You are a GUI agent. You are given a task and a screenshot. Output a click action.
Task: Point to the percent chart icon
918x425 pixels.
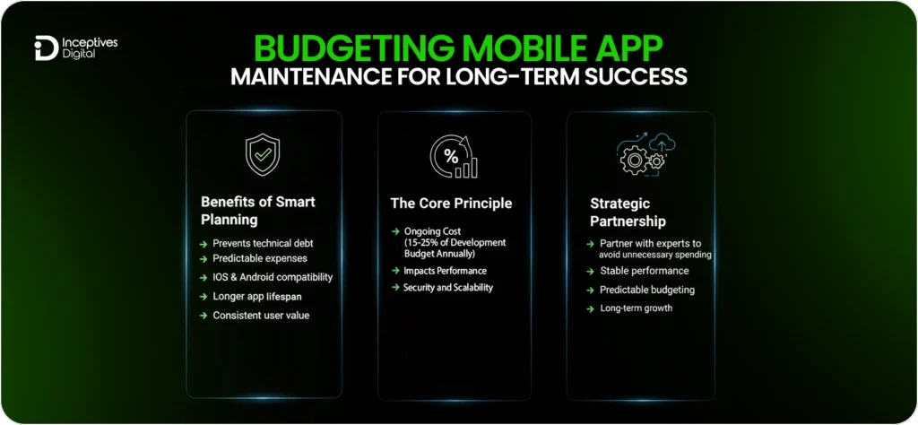454,156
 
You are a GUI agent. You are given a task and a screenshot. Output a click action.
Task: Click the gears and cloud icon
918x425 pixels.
645,152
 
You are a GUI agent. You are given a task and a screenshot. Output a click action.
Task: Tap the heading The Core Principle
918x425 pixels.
451,204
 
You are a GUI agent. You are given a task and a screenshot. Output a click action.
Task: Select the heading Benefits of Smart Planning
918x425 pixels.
257,211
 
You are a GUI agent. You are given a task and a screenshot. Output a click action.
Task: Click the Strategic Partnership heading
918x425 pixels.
628,212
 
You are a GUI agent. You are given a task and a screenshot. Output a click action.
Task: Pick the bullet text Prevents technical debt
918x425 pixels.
262,243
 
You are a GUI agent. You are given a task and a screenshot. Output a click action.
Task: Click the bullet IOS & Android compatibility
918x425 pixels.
272,277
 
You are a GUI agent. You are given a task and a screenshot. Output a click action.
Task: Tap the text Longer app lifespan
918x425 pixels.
256,296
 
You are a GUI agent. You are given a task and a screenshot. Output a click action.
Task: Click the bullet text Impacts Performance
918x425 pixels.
445,270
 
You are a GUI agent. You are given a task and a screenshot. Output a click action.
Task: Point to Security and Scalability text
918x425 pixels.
447,287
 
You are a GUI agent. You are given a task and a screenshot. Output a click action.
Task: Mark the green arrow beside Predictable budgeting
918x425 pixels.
590,290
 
